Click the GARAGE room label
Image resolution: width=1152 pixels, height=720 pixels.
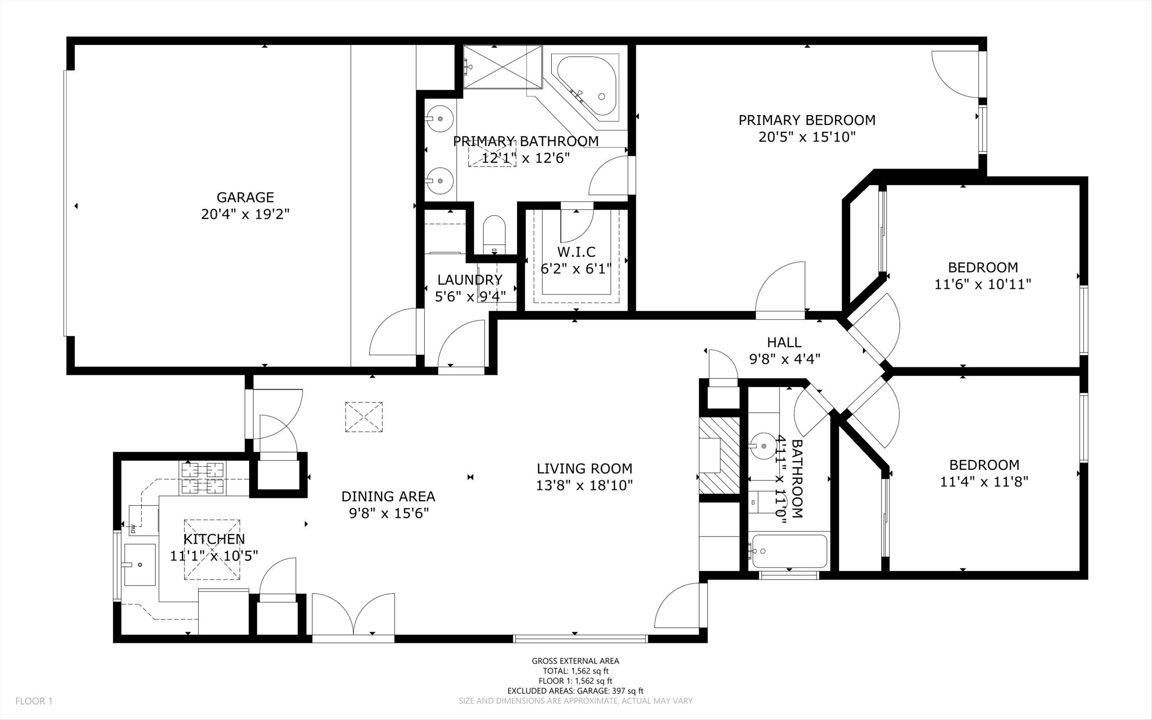(x=245, y=197)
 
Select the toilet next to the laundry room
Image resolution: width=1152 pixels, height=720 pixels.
(x=494, y=235)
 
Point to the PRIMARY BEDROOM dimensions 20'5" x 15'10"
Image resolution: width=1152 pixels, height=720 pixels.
(x=807, y=137)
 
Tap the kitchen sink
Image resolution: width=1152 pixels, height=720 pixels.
(x=139, y=564)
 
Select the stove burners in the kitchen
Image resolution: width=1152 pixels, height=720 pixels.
(x=202, y=478)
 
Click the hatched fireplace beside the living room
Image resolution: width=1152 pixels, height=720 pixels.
(x=719, y=456)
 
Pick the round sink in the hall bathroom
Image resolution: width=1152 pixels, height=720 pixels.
(x=763, y=446)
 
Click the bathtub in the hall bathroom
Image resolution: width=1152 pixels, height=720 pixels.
(x=789, y=551)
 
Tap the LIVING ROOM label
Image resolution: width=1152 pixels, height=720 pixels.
(x=584, y=469)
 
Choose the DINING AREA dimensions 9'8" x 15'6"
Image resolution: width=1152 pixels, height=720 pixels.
(x=389, y=513)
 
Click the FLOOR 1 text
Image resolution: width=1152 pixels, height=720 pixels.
(x=34, y=701)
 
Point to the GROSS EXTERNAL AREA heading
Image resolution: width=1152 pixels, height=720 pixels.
(x=575, y=660)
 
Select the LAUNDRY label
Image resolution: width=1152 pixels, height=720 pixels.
(x=470, y=280)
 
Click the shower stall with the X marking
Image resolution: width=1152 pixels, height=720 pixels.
(x=503, y=67)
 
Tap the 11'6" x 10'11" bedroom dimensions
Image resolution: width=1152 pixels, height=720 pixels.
(x=983, y=284)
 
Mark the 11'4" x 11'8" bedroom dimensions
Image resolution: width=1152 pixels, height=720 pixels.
(x=984, y=482)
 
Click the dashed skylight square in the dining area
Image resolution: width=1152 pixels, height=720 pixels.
(x=364, y=417)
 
